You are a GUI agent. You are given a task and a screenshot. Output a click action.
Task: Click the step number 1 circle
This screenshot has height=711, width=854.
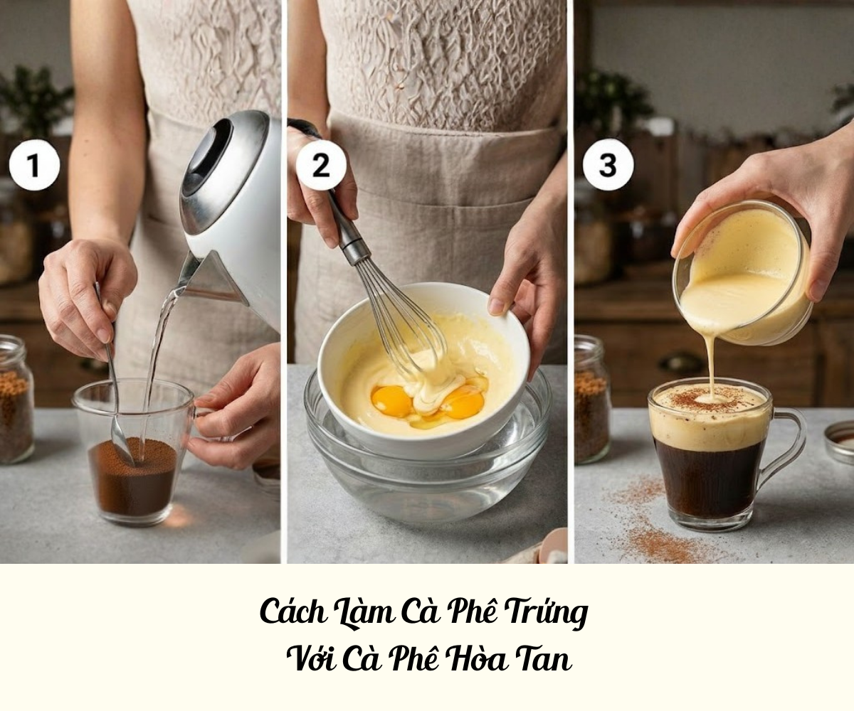[34, 166]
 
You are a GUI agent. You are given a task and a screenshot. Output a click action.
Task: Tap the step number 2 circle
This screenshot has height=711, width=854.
[321, 166]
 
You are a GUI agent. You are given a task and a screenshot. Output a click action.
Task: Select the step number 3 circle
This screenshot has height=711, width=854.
[608, 166]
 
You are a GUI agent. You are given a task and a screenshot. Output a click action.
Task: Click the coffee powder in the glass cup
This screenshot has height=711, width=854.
[132, 474]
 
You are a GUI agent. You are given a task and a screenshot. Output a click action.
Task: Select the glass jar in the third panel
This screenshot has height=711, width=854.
[592, 398]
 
